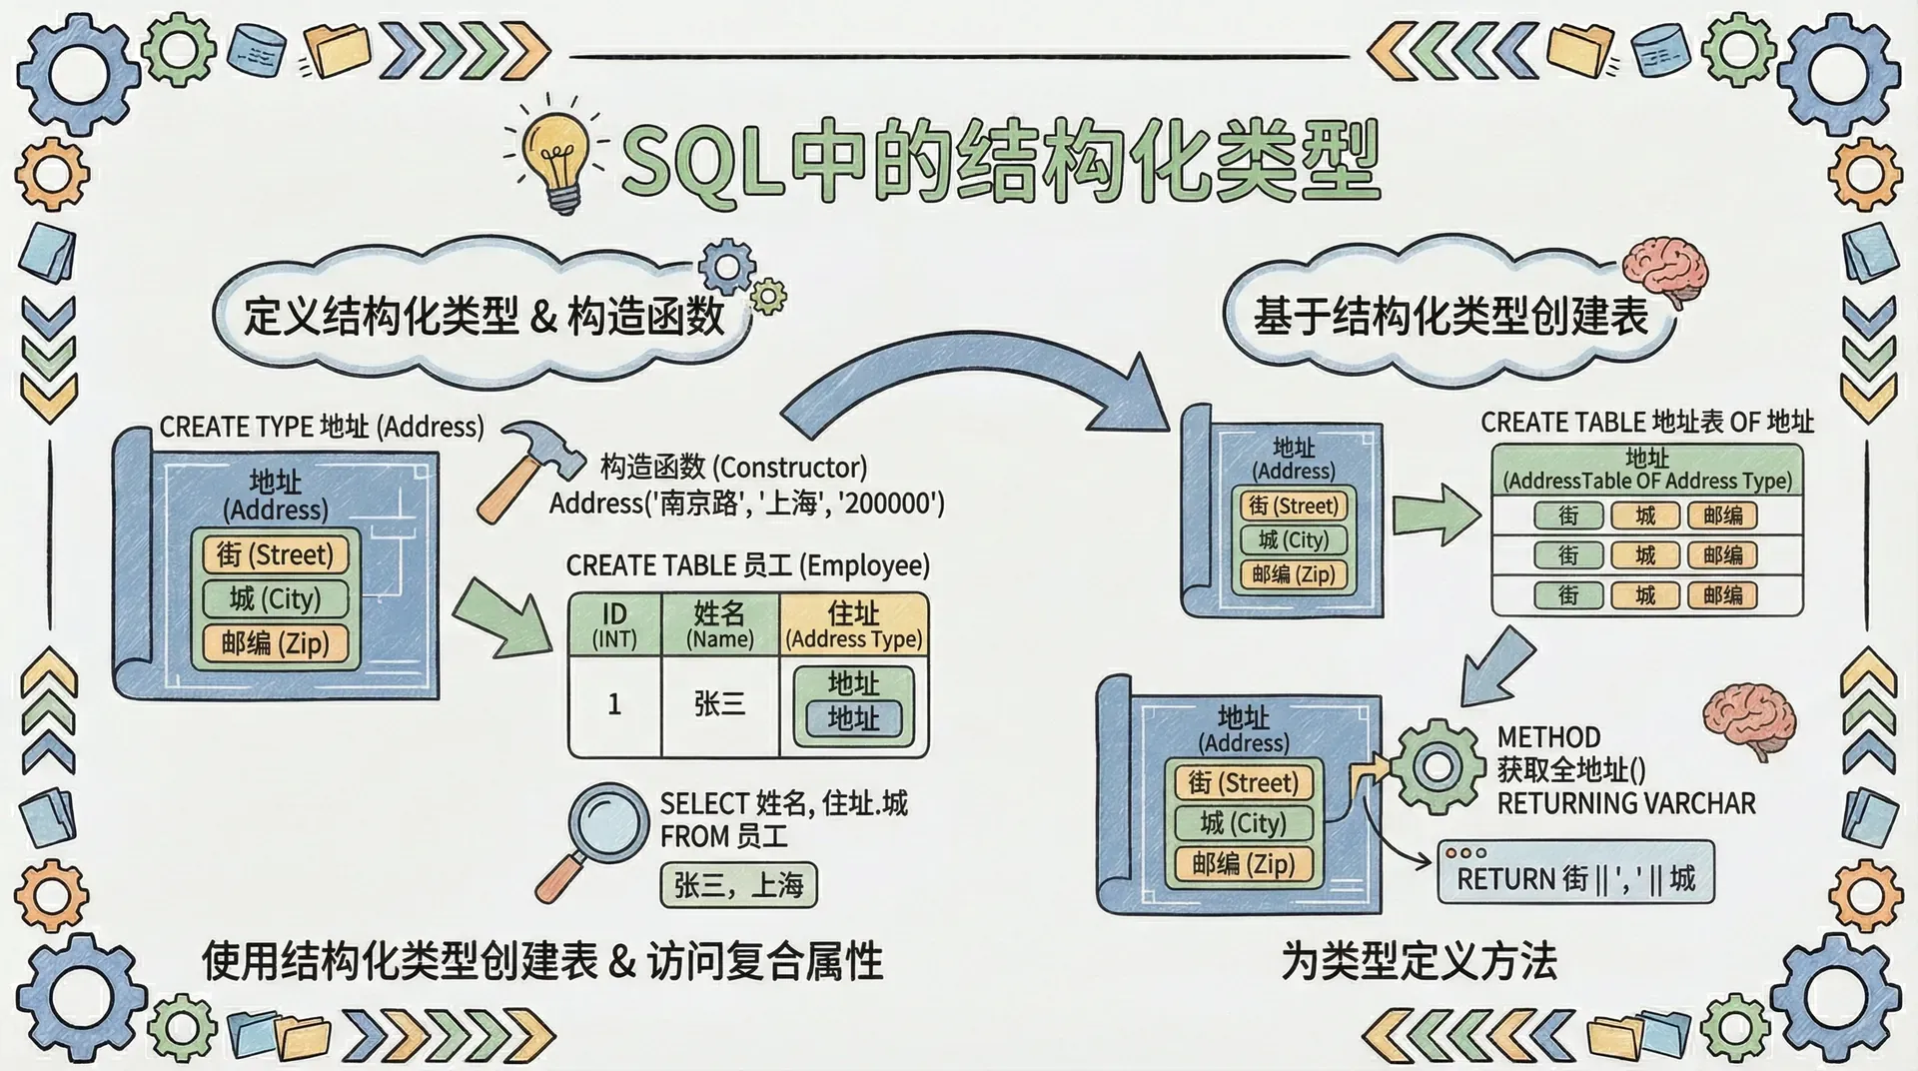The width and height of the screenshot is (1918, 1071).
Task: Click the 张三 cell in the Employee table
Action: click(x=719, y=704)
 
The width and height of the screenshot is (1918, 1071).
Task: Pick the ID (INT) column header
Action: click(x=614, y=625)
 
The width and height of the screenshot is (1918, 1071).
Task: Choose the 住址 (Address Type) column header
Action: click(x=854, y=625)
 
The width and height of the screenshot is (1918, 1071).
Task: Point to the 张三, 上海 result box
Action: click(x=738, y=885)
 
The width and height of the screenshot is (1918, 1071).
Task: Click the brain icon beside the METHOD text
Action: click(x=1747, y=721)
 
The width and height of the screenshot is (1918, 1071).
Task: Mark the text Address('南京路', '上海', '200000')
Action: click(x=746, y=503)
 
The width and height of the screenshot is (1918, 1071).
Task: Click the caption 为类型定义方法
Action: click(x=1419, y=961)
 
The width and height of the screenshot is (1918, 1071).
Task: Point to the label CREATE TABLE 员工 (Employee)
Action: click(x=747, y=565)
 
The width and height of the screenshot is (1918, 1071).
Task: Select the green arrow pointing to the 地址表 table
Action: click(x=1436, y=516)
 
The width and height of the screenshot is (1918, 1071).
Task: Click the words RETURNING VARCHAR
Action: click(x=1625, y=803)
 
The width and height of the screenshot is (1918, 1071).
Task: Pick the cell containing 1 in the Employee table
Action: click(x=614, y=704)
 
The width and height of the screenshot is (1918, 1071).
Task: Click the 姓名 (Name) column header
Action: click(x=719, y=625)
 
